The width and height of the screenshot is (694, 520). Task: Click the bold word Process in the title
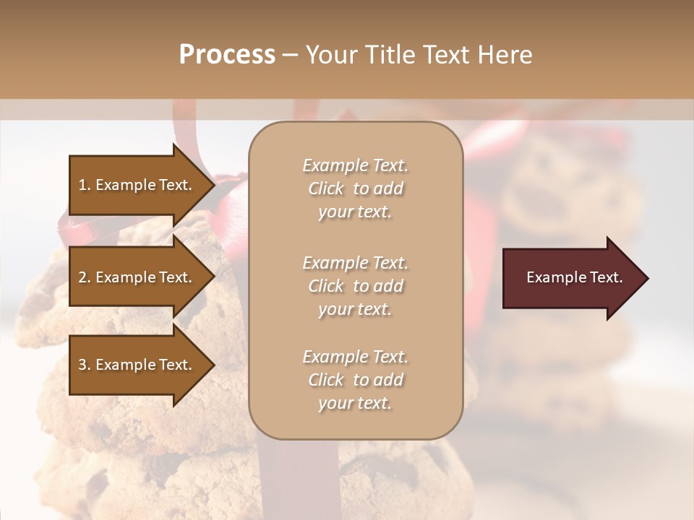click(227, 55)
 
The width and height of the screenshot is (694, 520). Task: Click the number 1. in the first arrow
click(85, 185)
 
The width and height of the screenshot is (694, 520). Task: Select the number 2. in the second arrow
click(85, 277)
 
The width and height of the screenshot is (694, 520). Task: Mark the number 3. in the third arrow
click(85, 365)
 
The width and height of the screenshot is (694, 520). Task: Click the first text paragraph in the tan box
click(355, 188)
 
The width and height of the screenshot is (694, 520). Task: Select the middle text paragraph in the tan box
click(355, 286)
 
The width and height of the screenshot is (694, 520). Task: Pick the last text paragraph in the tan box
click(355, 380)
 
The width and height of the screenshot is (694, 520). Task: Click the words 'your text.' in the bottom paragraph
click(355, 404)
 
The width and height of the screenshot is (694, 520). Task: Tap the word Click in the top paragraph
click(326, 188)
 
